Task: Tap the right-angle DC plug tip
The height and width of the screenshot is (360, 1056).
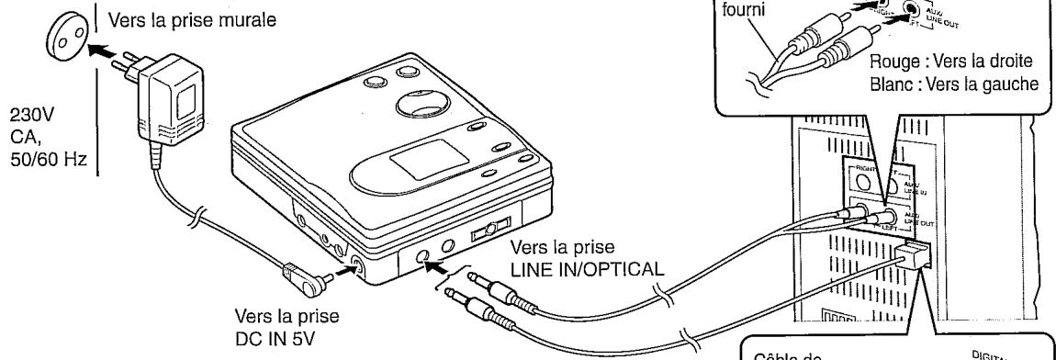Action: point(292,272)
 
